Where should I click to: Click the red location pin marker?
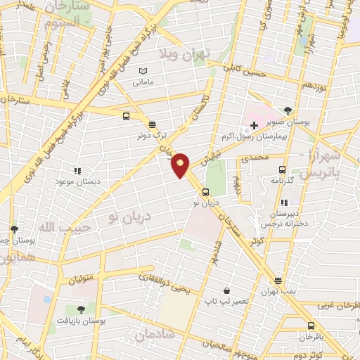click(181, 165)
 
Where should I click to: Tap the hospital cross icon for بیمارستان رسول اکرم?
click(254, 125)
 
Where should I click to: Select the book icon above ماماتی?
click(144, 72)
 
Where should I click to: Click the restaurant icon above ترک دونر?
click(152, 122)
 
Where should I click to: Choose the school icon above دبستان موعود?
click(77, 170)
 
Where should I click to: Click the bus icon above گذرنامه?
click(282, 169)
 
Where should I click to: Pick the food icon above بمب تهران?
click(278, 281)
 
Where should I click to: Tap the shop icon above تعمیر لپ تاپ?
click(226, 290)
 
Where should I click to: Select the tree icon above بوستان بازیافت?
click(82, 309)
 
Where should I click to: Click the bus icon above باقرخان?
click(311, 326)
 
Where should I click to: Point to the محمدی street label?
click(255, 160)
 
